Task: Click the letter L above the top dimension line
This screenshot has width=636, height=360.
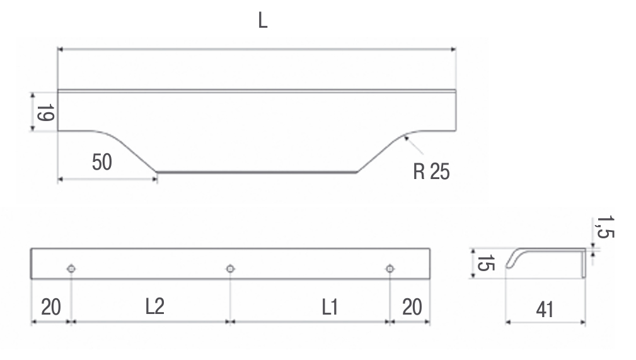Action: click(263, 20)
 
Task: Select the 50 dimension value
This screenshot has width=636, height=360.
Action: click(102, 162)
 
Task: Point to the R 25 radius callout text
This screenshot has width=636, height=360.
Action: click(431, 171)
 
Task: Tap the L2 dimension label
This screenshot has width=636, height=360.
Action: click(155, 306)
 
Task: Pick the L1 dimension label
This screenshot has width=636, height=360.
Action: click(330, 307)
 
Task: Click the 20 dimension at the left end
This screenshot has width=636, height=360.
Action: click(51, 307)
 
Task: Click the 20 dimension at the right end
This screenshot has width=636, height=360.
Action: click(412, 307)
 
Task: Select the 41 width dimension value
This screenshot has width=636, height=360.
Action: click(545, 310)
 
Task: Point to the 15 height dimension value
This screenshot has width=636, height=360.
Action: click(485, 263)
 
